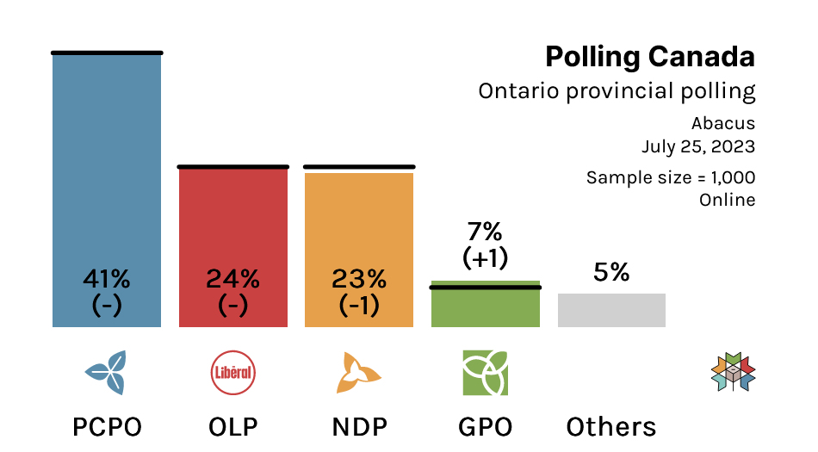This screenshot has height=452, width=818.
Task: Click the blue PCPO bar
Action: [x=107, y=190]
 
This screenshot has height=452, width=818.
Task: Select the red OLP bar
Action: [x=233, y=247]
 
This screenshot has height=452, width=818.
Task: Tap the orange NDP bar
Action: [x=359, y=250]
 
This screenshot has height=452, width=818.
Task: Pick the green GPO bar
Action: [x=485, y=304]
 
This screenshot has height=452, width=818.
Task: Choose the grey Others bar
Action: [x=611, y=310]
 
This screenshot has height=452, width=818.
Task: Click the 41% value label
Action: [x=107, y=279]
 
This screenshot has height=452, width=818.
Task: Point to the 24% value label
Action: [x=232, y=279]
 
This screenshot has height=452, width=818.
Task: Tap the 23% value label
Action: [x=359, y=279]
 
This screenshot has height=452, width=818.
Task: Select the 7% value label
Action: [x=485, y=232]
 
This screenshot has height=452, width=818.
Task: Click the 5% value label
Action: [x=611, y=271]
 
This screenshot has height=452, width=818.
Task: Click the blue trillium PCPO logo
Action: [x=106, y=372]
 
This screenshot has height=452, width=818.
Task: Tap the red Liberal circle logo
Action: [x=233, y=372]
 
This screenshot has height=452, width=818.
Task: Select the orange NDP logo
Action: [x=359, y=372]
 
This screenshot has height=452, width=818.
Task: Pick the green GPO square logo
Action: [x=485, y=373]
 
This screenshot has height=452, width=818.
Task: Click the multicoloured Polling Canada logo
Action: [x=733, y=372]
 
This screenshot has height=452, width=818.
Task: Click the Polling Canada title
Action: [x=650, y=58]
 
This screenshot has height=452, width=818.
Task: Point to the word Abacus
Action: [x=723, y=124]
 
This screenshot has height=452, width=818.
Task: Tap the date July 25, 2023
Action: [x=698, y=146]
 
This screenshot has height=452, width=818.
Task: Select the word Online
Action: [x=728, y=200]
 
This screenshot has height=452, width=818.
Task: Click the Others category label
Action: [x=610, y=427]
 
